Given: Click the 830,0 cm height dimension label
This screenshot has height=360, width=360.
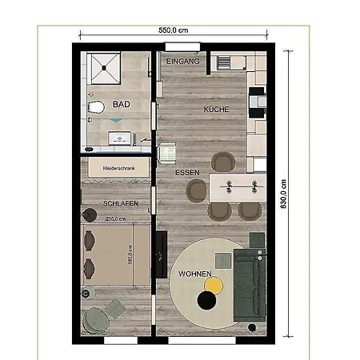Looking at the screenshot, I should tap(282, 193).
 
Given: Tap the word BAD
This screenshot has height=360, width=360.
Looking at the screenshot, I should tap(121, 104).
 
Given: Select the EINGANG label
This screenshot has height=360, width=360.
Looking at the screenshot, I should tap(182, 62).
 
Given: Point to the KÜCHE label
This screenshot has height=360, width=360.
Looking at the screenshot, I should tap(217, 109).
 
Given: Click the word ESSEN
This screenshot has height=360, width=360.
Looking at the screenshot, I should tap(188, 172).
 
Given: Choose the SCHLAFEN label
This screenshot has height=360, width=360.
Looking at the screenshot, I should tap(121, 204).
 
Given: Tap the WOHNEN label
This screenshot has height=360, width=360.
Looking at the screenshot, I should tap(194, 274).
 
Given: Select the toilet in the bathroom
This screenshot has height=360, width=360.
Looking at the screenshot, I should tap(96, 106).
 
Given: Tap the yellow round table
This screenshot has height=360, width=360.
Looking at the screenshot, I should tap(213, 284).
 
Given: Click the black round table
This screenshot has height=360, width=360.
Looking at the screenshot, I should tap(206, 300).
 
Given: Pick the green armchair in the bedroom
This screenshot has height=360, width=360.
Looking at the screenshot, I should tap(97, 318).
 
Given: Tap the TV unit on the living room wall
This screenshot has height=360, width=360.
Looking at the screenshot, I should tap(160, 252).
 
